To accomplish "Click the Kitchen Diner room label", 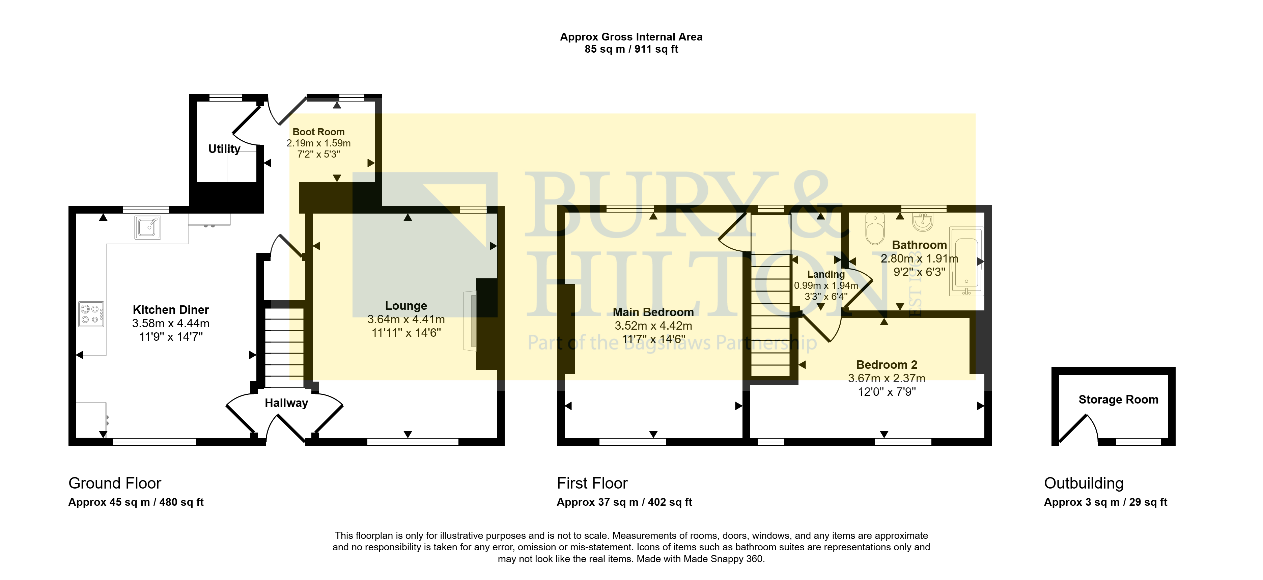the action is click(x=171, y=310).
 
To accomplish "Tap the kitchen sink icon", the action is click(x=147, y=227).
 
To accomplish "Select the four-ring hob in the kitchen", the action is click(x=91, y=314).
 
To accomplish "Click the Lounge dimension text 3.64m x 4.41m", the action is click(x=406, y=319).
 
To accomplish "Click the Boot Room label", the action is click(x=319, y=132).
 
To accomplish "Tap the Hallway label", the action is click(x=286, y=403).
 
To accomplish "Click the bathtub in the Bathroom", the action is click(x=966, y=261).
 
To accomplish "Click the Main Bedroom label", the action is click(x=653, y=312).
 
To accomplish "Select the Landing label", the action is click(x=826, y=275).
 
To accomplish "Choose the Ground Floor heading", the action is click(x=115, y=484).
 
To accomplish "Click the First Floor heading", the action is click(x=592, y=484).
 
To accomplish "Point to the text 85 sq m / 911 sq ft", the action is click(x=631, y=49).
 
